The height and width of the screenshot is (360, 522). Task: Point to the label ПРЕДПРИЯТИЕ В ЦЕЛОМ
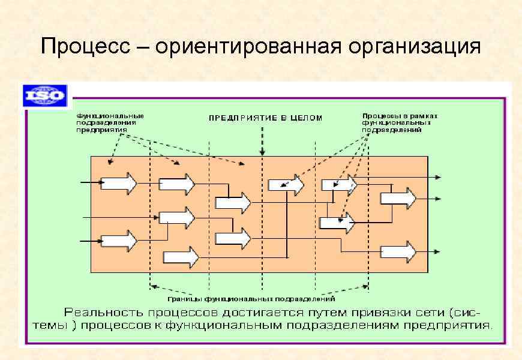click(265, 118)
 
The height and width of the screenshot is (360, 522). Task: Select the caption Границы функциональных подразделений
click(251, 298)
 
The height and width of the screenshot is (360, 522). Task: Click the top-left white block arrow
click(119, 182)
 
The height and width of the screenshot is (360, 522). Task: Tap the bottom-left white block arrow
click(119, 241)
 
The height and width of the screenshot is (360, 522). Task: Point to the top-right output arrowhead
click(440, 177)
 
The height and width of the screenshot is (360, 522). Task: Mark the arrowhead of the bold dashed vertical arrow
click(262, 152)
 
